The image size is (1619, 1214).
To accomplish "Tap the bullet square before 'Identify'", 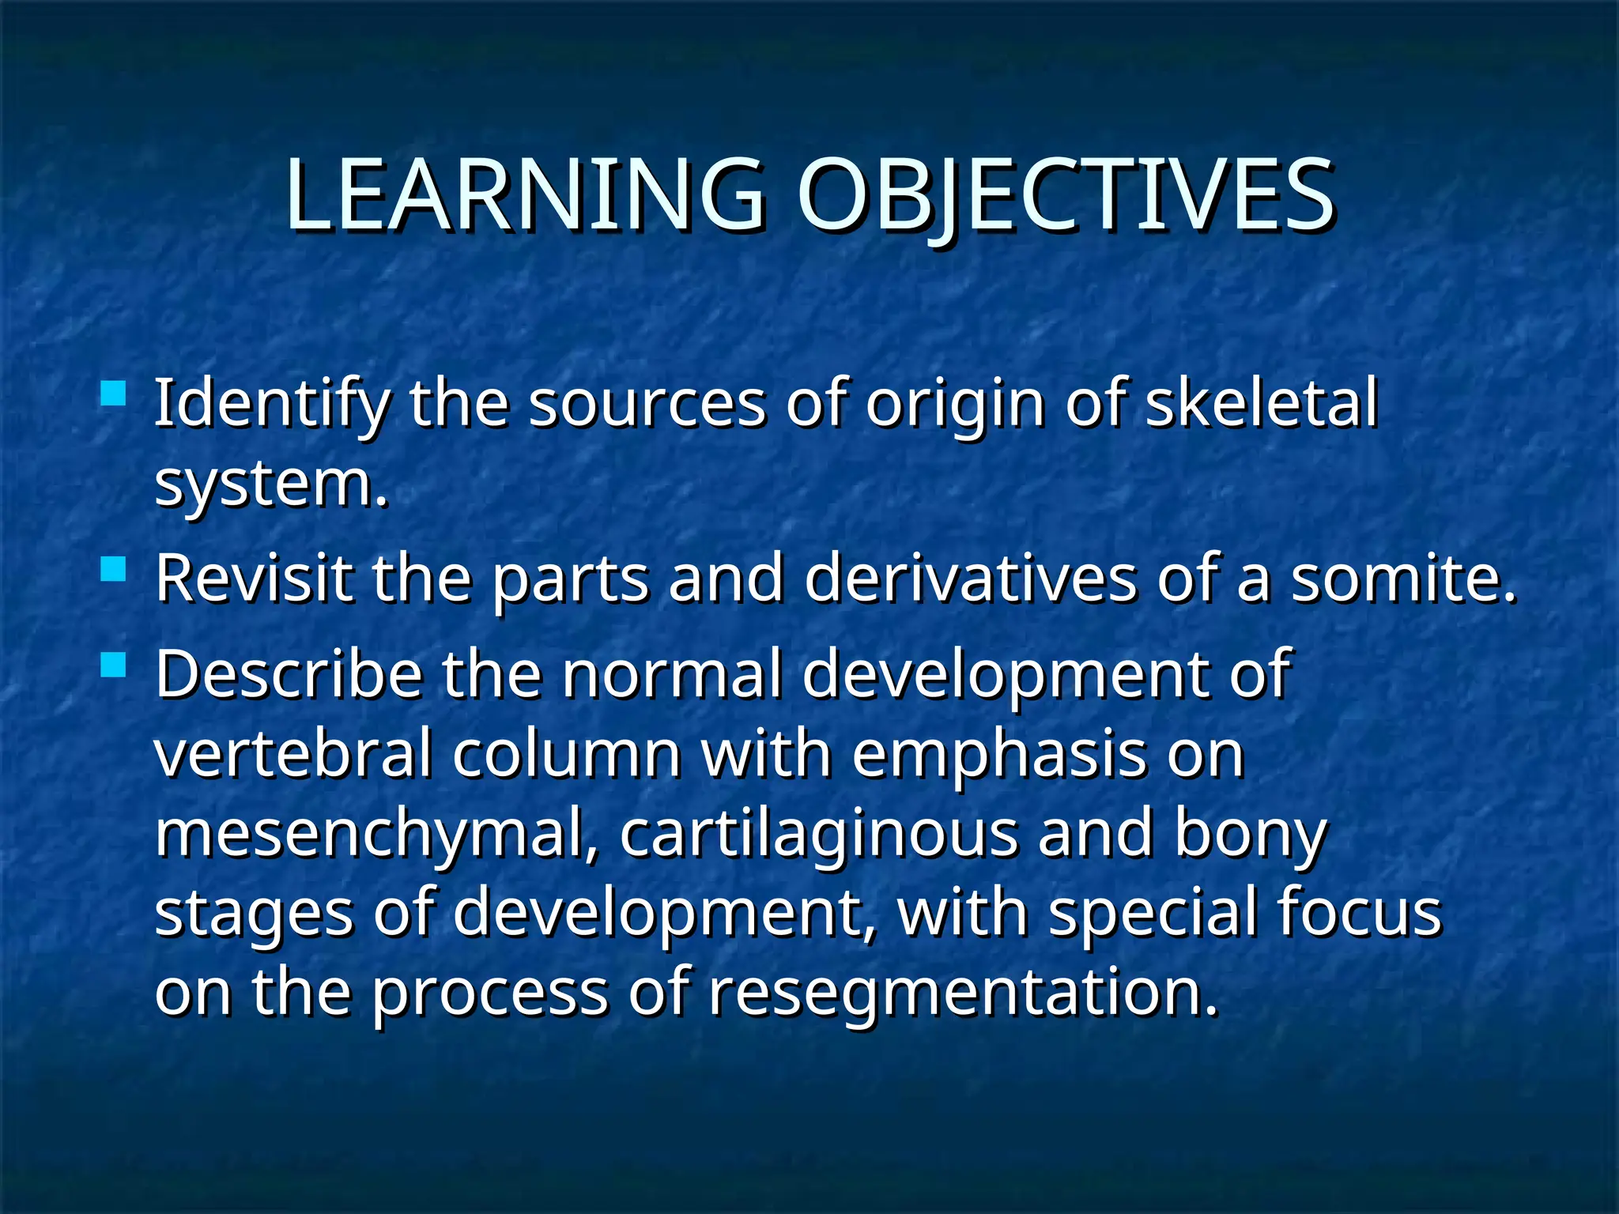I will click(114, 393).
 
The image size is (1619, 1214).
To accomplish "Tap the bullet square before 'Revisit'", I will click(114, 568).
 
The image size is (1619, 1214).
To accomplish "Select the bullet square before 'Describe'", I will click(114, 664).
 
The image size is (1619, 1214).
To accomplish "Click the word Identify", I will click(270, 405).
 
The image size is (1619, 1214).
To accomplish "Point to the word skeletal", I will click(1261, 403).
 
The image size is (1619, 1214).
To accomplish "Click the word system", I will click(270, 484).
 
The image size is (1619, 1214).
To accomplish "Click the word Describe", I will click(289, 674).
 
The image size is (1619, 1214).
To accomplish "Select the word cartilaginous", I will click(818, 835).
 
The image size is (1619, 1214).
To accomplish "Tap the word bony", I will click(1249, 835).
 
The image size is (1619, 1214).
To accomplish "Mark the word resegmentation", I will click(962, 993).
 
